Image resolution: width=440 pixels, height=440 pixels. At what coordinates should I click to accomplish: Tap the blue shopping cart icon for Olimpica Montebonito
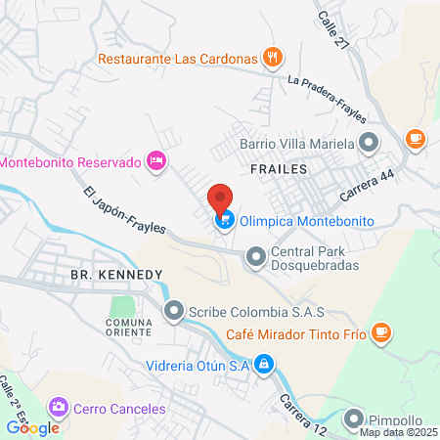tap(226, 221)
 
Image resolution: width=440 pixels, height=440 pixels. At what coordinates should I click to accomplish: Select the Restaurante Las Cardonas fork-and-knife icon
tap(275, 58)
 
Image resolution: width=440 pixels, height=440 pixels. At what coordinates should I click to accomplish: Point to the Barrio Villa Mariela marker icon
tap(369, 144)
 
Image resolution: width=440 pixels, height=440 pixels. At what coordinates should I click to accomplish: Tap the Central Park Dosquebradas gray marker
tap(256, 257)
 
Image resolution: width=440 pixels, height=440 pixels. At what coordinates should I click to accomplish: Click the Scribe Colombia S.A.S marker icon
tap(174, 312)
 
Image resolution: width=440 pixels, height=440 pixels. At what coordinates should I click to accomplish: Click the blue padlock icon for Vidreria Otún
tap(263, 365)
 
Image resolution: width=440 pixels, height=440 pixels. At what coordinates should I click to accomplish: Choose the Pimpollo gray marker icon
tap(355, 418)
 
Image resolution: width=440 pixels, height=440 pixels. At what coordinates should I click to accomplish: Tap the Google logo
tap(33, 427)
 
